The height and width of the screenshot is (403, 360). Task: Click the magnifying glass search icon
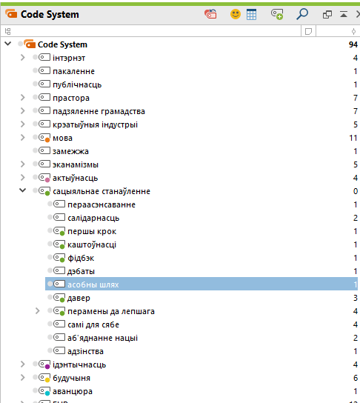coord(302,14)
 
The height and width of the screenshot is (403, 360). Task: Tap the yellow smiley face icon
coord(236,14)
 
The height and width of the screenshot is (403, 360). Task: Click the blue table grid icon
coord(251,14)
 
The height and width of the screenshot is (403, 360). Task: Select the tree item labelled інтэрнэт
coord(69,58)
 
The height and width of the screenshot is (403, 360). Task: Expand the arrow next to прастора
coord(23,97)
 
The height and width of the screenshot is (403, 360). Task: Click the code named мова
coord(62,138)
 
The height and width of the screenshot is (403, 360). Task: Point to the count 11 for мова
coord(353,138)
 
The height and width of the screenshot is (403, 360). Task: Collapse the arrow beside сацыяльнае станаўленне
coord(23,190)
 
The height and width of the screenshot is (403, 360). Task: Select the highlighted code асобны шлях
coord(93,284)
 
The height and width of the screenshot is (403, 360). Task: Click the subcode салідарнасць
coord(93,218)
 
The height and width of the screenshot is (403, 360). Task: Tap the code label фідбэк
coord(81,258)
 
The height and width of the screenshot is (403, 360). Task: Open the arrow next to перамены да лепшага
coord(38,311)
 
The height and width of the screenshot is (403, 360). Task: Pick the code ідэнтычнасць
coord(79,364)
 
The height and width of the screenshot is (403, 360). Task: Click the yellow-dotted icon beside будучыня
coord(44,378)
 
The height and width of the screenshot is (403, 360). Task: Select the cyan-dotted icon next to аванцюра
coord(44,391)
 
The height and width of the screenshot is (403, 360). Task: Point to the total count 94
coord(353,44)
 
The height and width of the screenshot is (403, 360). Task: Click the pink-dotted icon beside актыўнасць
coord(44,178)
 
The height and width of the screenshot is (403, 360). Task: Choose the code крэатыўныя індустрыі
coord(95,124)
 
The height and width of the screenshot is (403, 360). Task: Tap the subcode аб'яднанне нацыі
coord(102,338)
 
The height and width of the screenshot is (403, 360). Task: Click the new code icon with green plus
coord(277,14)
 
